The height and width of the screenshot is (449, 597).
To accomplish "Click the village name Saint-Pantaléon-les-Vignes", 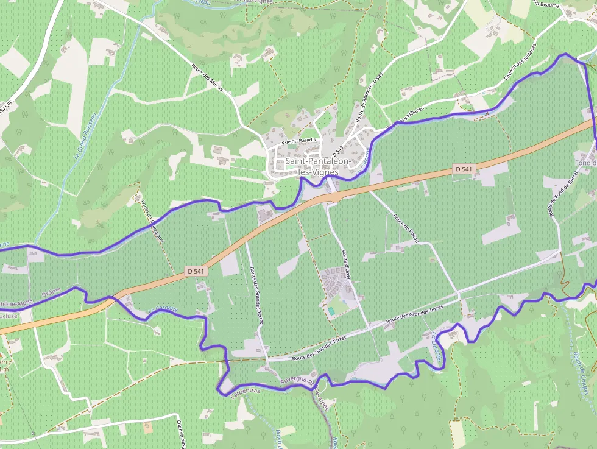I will tap(317, 166).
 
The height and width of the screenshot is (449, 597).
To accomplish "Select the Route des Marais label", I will tap(207, 78).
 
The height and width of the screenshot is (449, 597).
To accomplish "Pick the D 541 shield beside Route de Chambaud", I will tap(196, 270).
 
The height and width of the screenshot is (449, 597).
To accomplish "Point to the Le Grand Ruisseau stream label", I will tap(85, 136).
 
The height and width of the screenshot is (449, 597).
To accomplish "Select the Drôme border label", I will tap(51, 293).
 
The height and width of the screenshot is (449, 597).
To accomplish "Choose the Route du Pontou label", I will tap(406, 228).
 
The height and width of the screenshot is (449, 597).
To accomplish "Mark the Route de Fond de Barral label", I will tap(559, 191).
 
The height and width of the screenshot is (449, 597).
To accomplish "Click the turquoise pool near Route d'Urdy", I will tap(331, 311).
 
